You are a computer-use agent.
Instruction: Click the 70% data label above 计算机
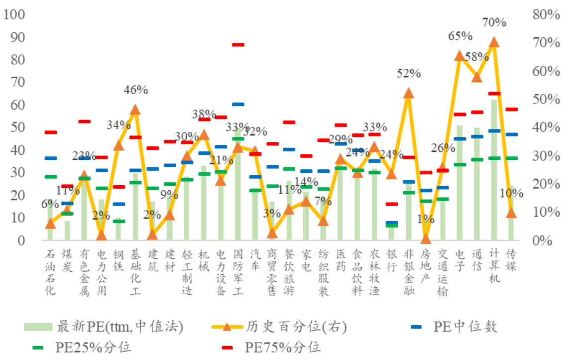[494, 22]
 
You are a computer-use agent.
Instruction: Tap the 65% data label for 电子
[459, 36]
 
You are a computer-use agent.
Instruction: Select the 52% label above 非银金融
[409, 74]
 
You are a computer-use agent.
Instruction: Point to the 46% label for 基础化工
[135, 90]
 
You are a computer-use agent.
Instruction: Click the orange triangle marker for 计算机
[494, 42]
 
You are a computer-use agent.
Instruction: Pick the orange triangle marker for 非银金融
[408, 93]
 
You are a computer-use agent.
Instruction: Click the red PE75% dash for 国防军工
[238, 45]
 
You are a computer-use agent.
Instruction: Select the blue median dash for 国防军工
[238, 104]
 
